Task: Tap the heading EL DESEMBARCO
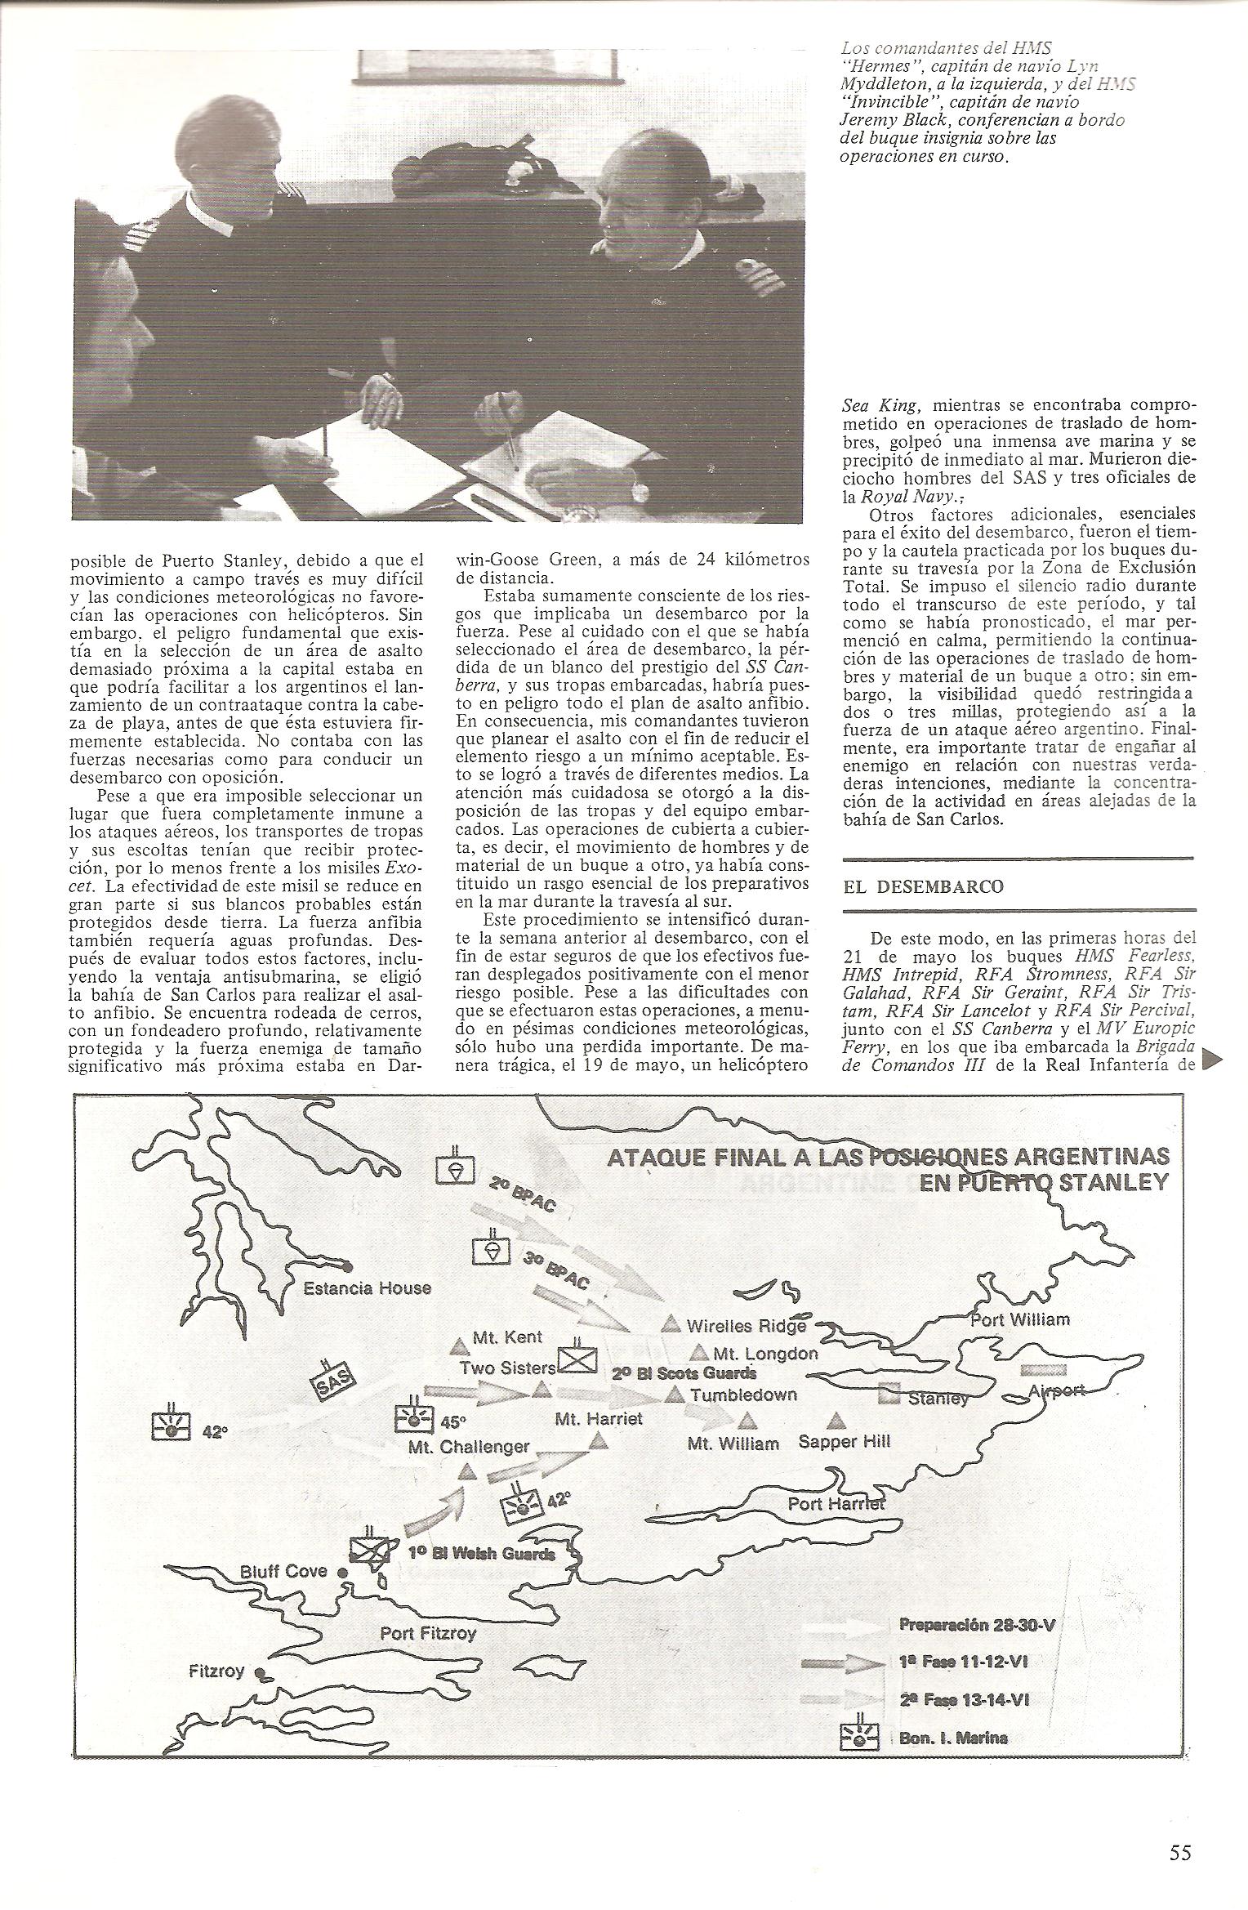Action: click(925, 886)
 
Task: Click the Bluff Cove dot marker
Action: click(344, 1571)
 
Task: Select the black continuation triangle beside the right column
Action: click(1213, 1060)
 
